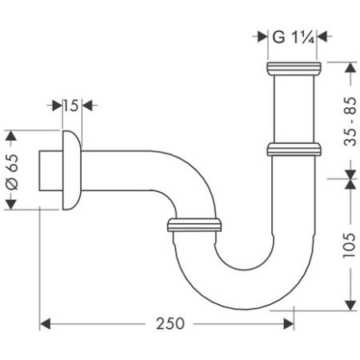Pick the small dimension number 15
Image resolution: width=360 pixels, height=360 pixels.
coord(71,105)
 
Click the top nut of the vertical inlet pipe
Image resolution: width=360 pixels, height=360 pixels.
coord(294,67)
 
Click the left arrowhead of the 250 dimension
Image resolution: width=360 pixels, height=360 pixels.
coord(46,324)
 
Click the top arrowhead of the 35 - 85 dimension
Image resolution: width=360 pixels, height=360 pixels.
coord(349,68)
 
